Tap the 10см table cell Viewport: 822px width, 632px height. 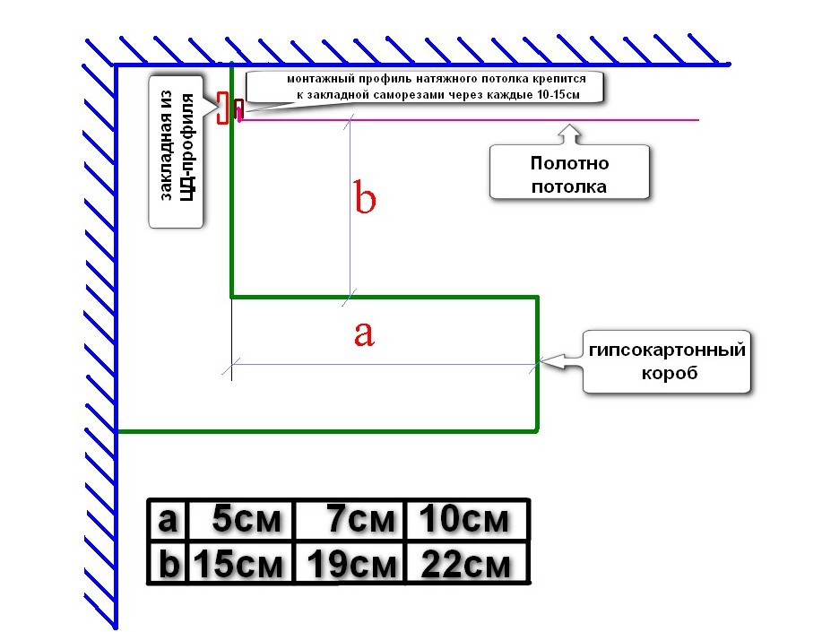(x=465, y=519)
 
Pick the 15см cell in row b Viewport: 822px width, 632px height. (x=241, y=565)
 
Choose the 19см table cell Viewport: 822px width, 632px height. (x=351, y=565)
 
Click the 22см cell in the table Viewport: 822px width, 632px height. (x=465, y=565)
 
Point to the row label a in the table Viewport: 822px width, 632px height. (x=168, y=519)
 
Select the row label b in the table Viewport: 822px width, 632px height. (x=168, y=565)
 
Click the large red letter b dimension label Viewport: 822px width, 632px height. (x=364, y=198)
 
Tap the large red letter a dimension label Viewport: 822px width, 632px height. (x=362, y=333)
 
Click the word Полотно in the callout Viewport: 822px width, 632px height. (x=569, y=164)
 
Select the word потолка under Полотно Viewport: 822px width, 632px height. (x=569, y=186)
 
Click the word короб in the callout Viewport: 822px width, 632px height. (x=667, y=373)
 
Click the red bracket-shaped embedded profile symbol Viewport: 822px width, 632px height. (x=222, y=108)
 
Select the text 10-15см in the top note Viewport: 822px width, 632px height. (x=556, y=93)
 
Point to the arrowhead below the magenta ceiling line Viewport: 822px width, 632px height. (x=570, y=131)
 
